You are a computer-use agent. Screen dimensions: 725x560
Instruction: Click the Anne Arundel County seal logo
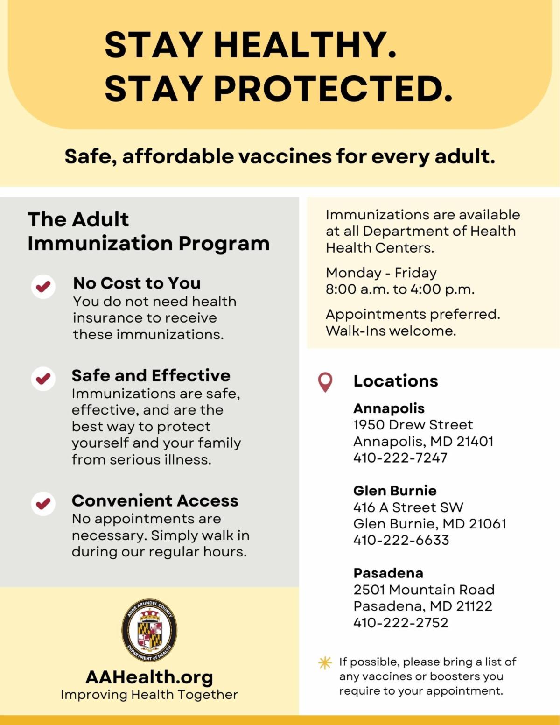click(x=149, y=630)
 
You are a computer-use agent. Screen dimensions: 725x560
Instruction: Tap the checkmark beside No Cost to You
click(x=43, y=286)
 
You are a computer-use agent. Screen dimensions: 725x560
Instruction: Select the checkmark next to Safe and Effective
click(x=43, y=378)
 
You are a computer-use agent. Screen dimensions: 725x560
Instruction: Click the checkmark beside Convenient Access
click(x=43, y=504)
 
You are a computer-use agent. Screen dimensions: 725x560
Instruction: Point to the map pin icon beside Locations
click(x=325, y=382)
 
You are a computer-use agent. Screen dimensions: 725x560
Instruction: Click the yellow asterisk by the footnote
click(x=325, y=663)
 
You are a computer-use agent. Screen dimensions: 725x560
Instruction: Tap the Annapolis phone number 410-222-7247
click(x=400, y=458)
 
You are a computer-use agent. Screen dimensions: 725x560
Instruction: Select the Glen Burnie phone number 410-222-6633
click(x=401, y=540)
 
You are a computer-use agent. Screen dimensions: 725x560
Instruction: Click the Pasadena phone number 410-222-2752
click(x=400, y=622)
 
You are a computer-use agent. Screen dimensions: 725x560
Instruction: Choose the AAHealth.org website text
click(x=149, y=677)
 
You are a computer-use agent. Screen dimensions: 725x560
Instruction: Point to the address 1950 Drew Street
click(x=413, y=425)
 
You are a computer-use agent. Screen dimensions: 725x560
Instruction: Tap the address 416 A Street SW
click(x=408, y=507)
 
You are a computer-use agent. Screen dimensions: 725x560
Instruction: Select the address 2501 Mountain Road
click(x=424, y=590)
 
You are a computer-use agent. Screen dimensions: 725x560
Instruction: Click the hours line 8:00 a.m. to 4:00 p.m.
click(x=400, y=289)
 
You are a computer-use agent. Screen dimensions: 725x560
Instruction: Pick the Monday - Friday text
click(x=381, y=273)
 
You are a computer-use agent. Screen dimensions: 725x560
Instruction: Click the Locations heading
click(x=396, y=381)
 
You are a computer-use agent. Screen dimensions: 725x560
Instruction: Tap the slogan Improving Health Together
click(x=149, y=695)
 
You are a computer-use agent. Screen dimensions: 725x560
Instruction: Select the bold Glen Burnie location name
click(x=395, y=491)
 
